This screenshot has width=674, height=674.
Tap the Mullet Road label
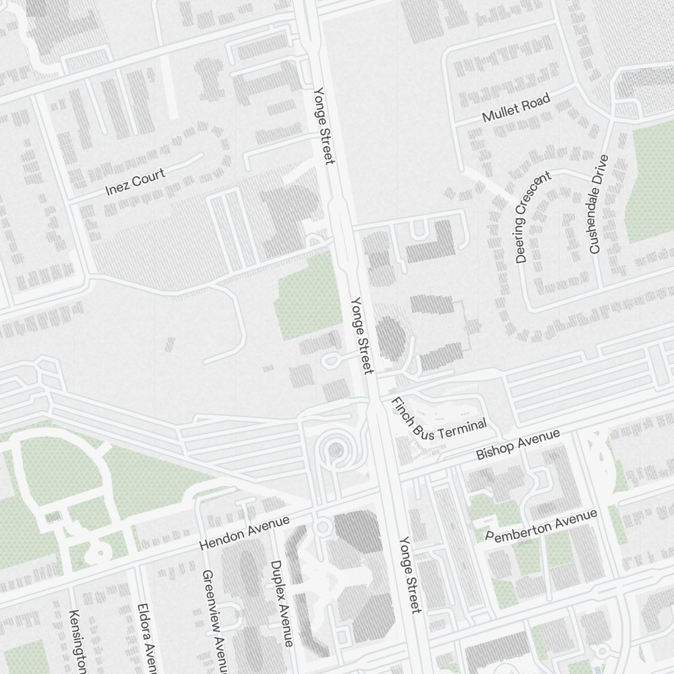tap(516, 109)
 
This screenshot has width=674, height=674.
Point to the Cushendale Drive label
tap(599, 204)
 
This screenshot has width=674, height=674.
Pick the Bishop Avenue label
tap(518, 445)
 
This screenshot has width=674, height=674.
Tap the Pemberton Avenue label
tap(541, 526)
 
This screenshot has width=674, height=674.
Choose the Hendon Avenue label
tap(245, 532)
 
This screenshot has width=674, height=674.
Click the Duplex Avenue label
tap(282, 603)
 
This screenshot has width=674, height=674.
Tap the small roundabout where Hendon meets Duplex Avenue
tap(322, 526)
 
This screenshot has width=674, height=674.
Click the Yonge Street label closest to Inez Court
tap(324, 125)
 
